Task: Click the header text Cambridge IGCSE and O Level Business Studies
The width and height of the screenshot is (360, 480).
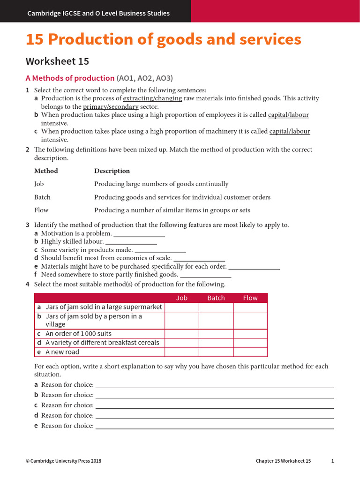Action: coord(98,13)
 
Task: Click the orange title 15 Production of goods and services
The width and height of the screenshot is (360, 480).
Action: coord(164,40)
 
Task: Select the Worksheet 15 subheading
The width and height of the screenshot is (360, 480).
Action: coord(57,61)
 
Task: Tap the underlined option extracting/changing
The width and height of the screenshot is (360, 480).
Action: coord(152,98)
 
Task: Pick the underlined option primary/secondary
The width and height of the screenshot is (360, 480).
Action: coord(111,107)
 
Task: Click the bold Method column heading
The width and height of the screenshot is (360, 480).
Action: coord(46,171)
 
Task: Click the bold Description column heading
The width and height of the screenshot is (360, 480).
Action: coord(112,171)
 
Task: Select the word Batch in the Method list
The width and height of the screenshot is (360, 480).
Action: coord(42,197)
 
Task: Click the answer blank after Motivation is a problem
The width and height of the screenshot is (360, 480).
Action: coord(139,233)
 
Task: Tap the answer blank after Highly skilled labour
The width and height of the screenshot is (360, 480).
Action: coord(131,242)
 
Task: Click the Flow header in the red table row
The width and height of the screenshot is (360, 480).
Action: coord(250,298)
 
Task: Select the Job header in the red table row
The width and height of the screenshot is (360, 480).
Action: coord(181,298)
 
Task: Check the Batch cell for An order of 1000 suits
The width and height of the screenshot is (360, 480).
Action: coord(216,334)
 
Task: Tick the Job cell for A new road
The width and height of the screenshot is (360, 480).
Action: coord(181,352)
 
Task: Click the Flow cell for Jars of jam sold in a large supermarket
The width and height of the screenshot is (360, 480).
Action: coord(250,307)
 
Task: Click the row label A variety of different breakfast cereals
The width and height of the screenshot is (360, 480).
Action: coord(102,343)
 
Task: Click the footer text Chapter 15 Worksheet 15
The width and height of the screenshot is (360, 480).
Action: coord(283,461)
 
